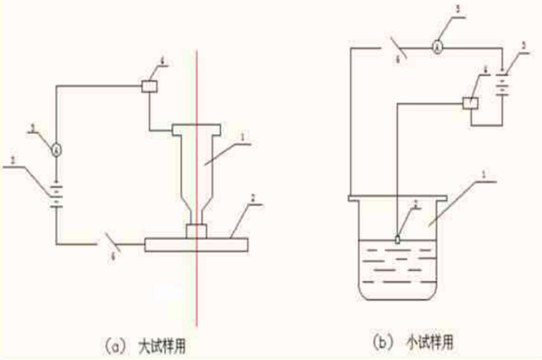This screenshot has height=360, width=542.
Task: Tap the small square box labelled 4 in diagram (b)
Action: tap(469, 102)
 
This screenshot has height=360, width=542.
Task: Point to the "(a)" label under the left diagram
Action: tap(116, 346)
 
